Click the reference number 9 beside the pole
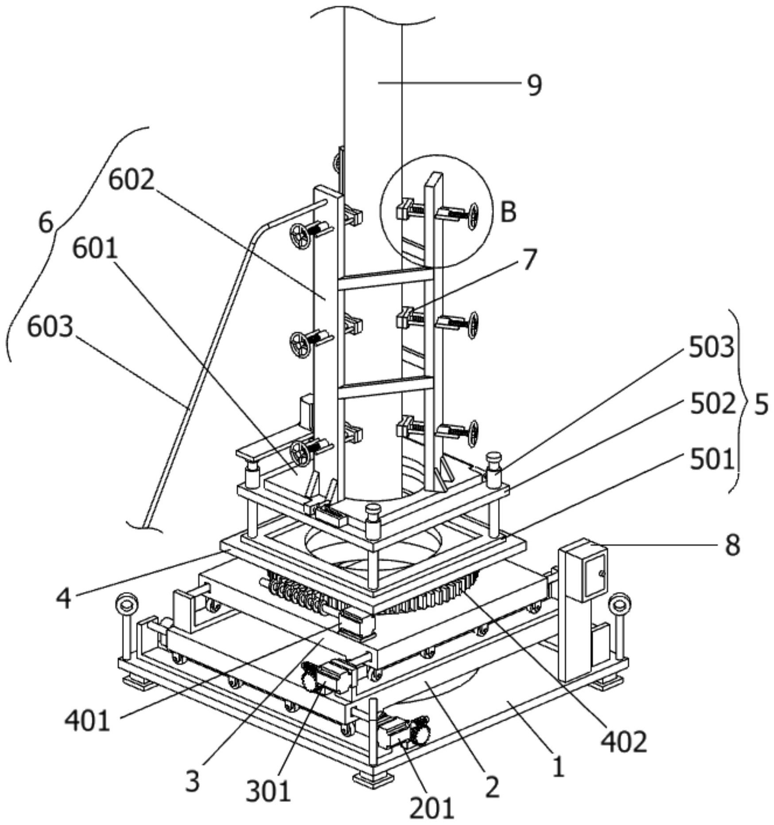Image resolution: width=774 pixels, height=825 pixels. [534, 85]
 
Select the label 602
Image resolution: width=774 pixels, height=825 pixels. [132, 180]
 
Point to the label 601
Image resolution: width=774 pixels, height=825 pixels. [95, 249]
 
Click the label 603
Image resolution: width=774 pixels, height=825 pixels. [50, 327]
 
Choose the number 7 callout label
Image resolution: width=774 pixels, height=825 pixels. [530, 259]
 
